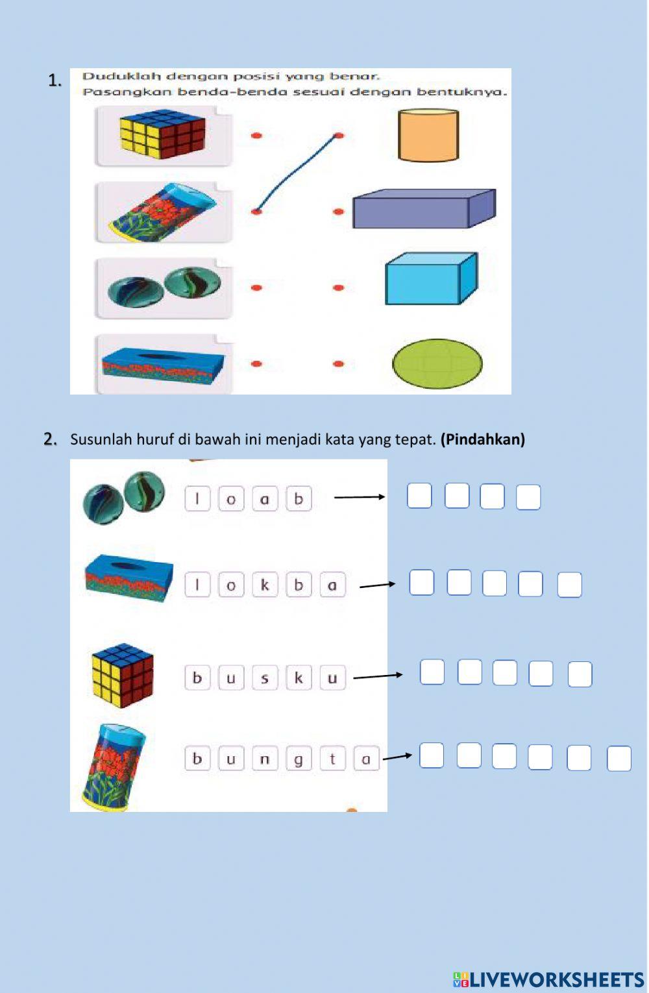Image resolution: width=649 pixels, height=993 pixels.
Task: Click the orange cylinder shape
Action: click(428, 135)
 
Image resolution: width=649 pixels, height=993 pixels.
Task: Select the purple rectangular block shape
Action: click(424, 208)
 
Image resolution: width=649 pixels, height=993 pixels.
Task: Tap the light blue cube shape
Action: click(432, 278)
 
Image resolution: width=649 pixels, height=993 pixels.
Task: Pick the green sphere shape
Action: click(437, 364)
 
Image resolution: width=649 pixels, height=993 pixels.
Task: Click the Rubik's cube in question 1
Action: click(162, 133)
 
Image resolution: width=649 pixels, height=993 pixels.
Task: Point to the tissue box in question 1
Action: click(163, 364)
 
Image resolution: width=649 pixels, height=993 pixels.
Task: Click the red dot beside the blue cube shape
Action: click(338, 288)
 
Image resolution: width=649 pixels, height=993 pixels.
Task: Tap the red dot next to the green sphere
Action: click(338, 364)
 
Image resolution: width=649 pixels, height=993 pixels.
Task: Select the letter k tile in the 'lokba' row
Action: click(265, 585)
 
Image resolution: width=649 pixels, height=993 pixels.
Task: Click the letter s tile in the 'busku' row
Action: click(265, 677)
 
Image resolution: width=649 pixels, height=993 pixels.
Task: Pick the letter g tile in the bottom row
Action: click(299, 759)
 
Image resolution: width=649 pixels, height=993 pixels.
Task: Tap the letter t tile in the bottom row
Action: click(332, 759)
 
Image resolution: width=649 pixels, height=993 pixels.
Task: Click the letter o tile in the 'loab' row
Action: click(231, 498)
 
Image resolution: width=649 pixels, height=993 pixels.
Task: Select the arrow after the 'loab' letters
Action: click(360, 497)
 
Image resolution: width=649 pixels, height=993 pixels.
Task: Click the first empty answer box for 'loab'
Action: click(419, 496)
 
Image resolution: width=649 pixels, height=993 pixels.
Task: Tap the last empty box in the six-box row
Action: click(619, 759)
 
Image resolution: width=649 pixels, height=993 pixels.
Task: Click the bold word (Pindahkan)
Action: click(483, 439)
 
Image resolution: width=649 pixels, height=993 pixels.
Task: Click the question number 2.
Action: click(50, 439)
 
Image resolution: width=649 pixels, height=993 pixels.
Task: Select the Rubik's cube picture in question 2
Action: click(123, 675)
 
